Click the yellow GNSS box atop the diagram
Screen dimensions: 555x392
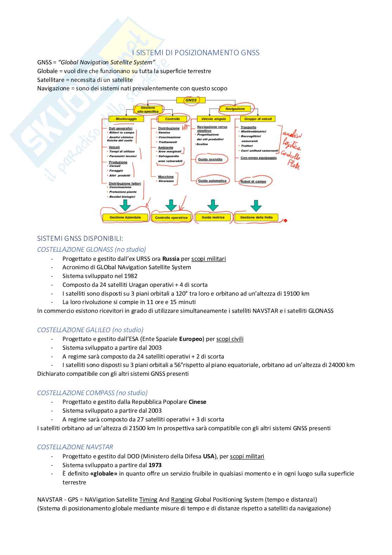[192, 100]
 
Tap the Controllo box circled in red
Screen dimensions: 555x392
[172, 119]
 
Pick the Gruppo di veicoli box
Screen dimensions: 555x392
[257, 119]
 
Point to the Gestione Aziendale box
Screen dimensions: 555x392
[125, 218]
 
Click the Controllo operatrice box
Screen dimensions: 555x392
[171, 218]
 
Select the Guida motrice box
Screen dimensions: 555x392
[213, 218]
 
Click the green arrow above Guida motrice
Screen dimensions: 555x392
[213, 205]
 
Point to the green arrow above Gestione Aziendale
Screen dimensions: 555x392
[125, 205]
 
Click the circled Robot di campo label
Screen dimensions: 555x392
[253, 181]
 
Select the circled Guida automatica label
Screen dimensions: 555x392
[212, 181]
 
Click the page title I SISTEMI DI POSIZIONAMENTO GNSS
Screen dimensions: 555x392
[196, 53]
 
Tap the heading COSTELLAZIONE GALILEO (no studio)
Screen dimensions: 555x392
[90, 330]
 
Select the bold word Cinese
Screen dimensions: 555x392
[197, 402]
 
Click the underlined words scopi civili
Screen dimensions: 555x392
[230, 339]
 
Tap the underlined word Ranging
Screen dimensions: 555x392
[182, 499]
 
